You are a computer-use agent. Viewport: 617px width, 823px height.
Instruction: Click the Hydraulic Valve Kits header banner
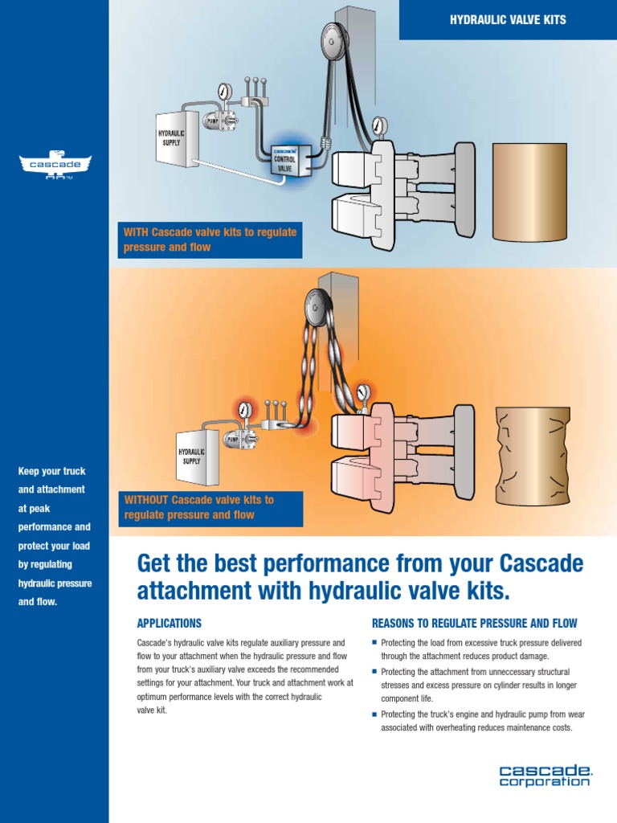[508, 20]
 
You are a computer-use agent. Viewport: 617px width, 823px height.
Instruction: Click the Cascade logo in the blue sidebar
[55, 165]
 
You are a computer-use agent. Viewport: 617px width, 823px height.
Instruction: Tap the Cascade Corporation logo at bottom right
[544, 776]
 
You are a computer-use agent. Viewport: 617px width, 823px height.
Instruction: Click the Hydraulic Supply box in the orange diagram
[194, 456]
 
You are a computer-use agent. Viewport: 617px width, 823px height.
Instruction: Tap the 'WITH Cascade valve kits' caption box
[210, 240]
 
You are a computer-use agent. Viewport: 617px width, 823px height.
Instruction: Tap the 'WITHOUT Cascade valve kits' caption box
[210, 507]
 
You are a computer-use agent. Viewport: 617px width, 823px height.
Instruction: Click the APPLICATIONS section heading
[169, 624]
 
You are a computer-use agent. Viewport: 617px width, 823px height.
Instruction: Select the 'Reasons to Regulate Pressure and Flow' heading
[474, 624]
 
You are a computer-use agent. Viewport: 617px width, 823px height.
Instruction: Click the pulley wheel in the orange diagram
[315, 305]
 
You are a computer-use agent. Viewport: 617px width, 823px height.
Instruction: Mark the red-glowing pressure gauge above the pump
[245, 410]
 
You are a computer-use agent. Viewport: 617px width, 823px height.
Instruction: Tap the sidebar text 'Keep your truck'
[51, 471]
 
